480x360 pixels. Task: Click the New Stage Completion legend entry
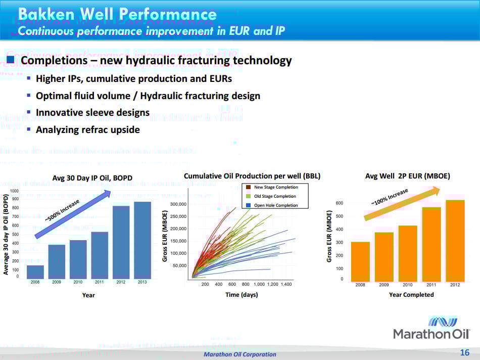(x=275, y=187)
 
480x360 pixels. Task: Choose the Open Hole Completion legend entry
(x=275, y=205)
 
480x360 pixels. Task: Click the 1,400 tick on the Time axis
(x=286, y=285)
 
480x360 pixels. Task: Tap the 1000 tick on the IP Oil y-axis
(x=14, y=191)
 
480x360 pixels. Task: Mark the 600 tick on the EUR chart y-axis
(x=339, y=203)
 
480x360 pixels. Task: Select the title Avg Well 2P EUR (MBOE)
(x=407, y=176)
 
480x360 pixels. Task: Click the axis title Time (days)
(x=242, y=295)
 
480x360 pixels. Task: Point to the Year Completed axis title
(x=411, y=295)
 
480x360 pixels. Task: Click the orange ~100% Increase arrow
(x=402, y=204)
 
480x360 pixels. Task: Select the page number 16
(x=464, y=352)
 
